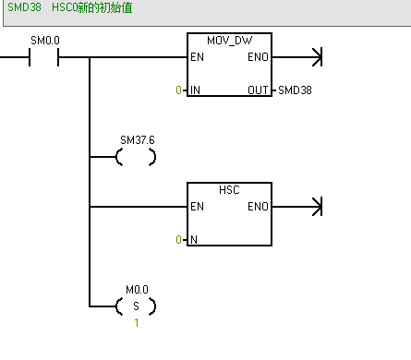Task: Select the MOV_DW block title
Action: (229, 42)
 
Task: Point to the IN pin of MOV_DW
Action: (195, 90)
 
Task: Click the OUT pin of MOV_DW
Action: (260, 90)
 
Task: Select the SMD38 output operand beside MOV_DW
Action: (296, 90)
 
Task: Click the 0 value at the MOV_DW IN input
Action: (178, 90)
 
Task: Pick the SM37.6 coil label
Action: (137, 139)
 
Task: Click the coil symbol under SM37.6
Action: (136, 158)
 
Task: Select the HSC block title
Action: (229, 189)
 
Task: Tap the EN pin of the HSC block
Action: (196, 207)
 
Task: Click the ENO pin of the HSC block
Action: (259, 207)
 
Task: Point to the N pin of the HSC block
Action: (193, 239)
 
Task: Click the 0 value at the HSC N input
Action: (178, 239)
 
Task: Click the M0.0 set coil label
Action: (137, 289)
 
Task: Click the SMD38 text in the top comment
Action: (22, 6)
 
